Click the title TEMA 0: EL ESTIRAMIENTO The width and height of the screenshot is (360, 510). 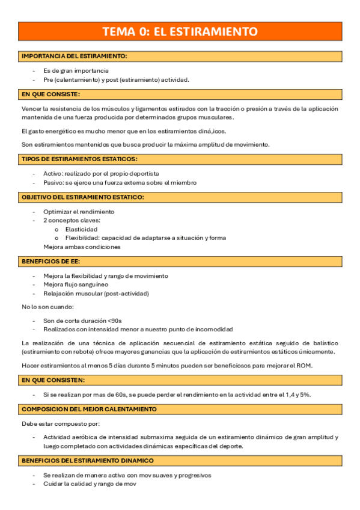[x=180, y=32]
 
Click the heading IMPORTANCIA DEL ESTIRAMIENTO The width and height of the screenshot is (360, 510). [x=74, y=56]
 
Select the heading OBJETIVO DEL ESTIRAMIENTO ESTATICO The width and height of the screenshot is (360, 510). [x=82, y=197]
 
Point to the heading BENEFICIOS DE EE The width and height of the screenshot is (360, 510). [x=47, y=262]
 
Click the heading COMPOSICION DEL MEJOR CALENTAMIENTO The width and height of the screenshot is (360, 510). [x=89, y=409]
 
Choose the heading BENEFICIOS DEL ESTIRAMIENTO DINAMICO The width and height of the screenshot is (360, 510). [x=87, y=460]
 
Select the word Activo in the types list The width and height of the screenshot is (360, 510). [x=52, y=173]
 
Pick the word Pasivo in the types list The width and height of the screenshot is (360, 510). [x=53, y=182]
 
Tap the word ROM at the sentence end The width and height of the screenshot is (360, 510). [x=304, y=365]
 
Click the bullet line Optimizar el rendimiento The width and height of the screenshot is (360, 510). [x=79, y=212]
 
